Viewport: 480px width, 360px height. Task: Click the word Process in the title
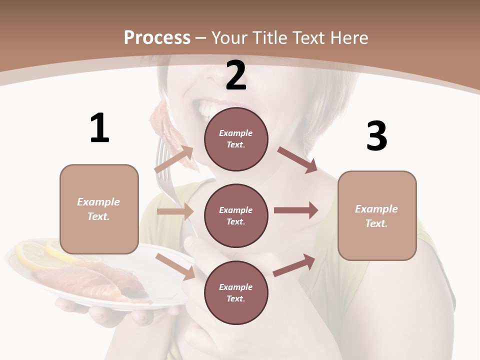(x=157, y=37)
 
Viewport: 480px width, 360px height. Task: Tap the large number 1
(x=99, y=128)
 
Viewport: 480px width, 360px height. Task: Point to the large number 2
(x=236, y=75)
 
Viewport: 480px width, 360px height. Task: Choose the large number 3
(x=377, y=136)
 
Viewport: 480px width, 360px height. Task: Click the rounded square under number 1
(x=99, y=209)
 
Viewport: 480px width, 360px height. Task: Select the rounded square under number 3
(x=377, y=215)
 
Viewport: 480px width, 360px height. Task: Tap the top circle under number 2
(x=236, y=138)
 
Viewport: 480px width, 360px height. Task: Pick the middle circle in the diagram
(x=236, y=215)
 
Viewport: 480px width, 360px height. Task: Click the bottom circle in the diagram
(x=236, y=292)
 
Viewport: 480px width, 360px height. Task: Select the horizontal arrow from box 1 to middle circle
(x=175, y=211)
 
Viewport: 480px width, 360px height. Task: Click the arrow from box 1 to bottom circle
(x=175, y=265)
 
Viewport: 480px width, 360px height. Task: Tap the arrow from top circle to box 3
(x=297, y=159)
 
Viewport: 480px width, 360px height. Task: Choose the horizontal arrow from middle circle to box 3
(x=295, y=210)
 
